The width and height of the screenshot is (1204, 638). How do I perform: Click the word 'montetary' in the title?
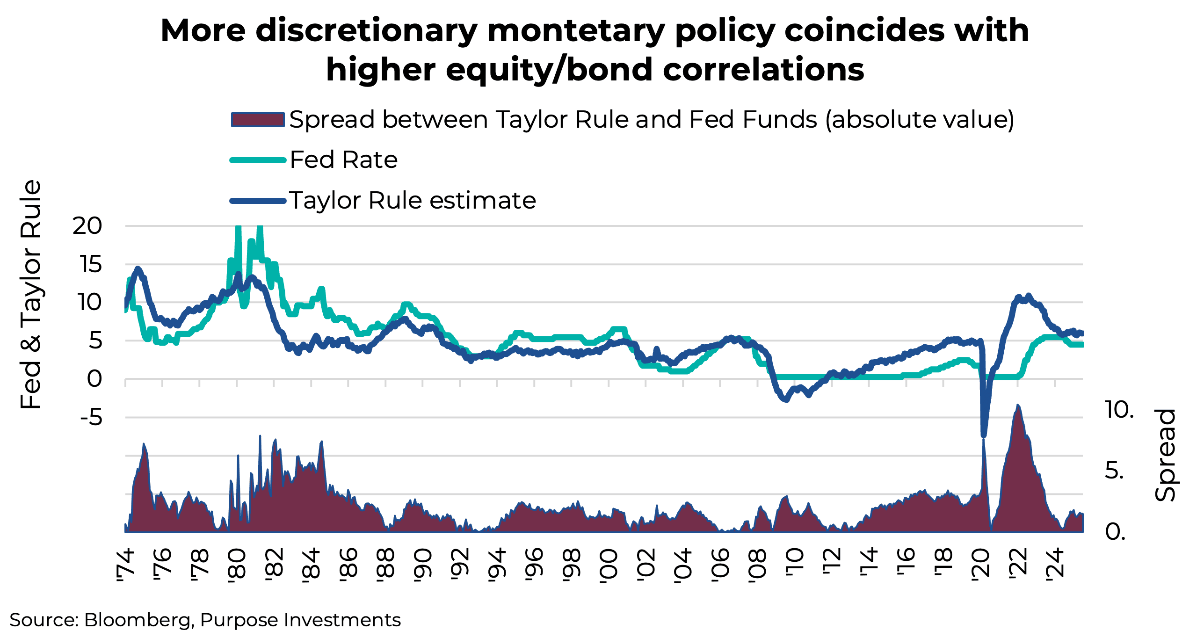click(576, 31)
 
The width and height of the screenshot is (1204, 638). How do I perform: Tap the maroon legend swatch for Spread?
click(258, 120)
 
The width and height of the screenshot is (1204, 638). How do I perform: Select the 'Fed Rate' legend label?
click(343, 160)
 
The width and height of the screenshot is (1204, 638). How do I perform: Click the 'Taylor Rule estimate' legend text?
click(412, 201)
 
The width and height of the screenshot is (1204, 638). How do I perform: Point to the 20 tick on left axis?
click(87, 226)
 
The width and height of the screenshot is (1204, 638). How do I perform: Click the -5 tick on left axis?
click(91, 417)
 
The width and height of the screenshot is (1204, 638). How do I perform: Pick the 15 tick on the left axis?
click(90, 265)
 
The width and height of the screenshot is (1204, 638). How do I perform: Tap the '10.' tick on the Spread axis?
click(1119, 410)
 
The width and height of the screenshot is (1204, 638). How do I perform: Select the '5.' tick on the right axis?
click(1114, 471)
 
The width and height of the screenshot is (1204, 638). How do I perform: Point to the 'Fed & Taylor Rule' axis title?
click(31, 295)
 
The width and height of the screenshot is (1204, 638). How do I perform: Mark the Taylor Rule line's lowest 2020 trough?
click(984, 435)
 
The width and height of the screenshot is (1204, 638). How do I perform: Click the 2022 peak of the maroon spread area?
click(1017, 406)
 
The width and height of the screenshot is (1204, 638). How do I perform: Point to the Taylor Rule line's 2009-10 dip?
click(786, 400)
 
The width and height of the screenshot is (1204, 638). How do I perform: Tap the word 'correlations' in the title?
click(763, 70)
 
